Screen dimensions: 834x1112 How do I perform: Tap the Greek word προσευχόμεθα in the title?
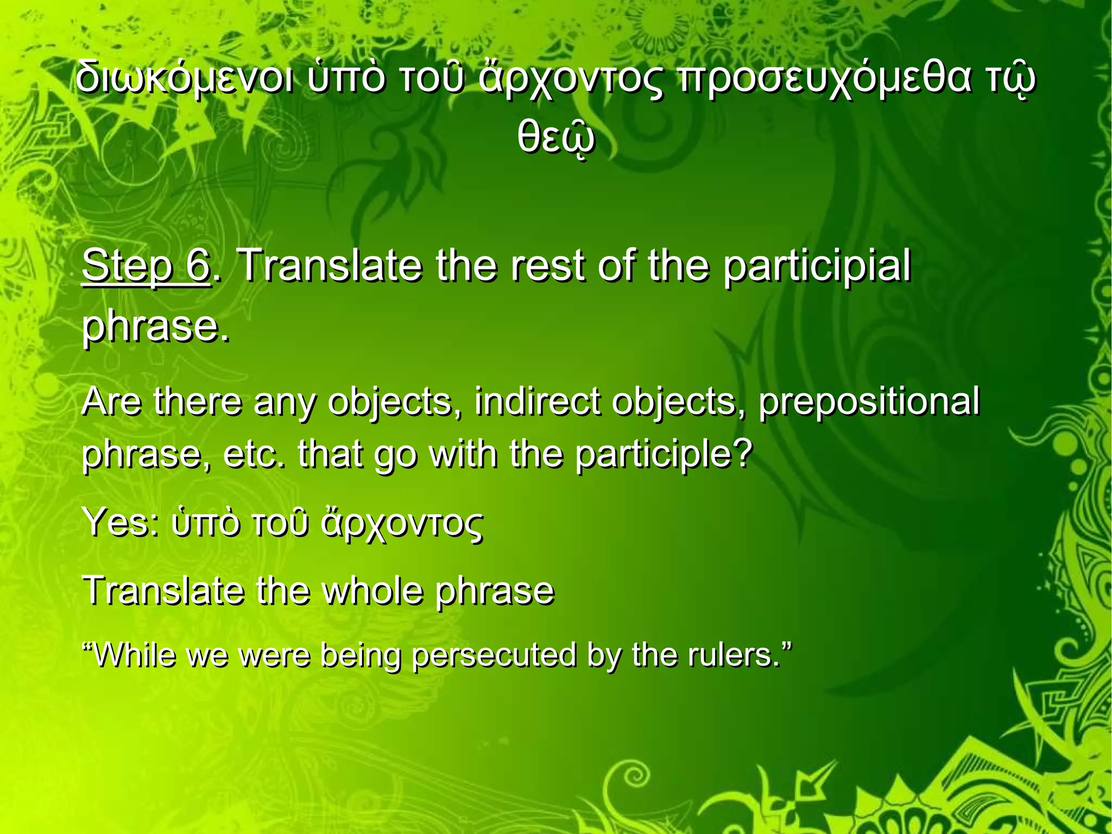click(820, 79)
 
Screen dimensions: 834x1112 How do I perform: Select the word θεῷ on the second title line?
click(555, 139)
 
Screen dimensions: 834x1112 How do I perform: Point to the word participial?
click(816, 266)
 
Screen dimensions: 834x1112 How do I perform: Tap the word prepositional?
click(868, 402)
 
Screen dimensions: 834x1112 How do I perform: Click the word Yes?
click(120, 522)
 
